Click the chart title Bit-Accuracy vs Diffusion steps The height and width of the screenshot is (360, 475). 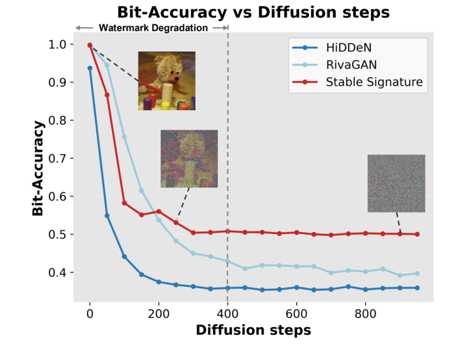coord(253,12)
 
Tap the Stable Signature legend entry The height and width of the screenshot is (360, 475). coord(374,82)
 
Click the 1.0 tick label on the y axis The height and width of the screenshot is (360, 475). coord(57,44)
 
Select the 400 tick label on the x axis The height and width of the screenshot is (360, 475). coord(228,313)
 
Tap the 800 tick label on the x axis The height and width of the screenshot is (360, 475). coord(366,313)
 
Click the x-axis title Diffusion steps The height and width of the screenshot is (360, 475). coord(253,330)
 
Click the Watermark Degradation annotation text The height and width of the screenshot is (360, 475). coord(153,28)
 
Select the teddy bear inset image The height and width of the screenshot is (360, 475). coord(167,80)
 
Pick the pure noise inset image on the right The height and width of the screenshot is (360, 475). coord(396,183)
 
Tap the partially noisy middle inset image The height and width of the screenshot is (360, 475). coord(188,158)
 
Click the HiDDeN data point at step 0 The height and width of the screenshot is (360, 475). coord(90,68)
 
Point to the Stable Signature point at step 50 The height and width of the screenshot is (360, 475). coord(107,95)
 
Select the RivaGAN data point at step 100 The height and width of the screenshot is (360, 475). coord(125,137)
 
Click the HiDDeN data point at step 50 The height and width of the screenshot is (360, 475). coord(107,216)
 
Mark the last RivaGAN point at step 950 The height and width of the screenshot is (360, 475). coord(417,274)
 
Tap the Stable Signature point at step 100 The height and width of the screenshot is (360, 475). coord(125,203)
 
